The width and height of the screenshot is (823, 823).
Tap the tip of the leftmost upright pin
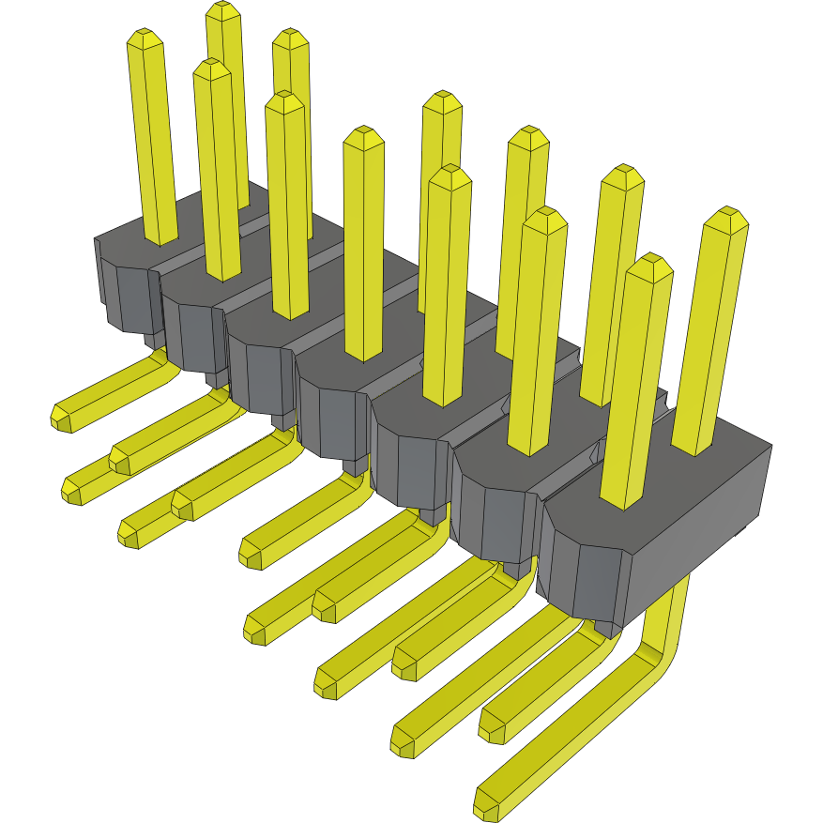145,40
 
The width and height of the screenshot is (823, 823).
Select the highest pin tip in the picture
222,12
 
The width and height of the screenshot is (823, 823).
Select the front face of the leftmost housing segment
127,296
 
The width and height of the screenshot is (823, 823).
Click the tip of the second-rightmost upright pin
649,266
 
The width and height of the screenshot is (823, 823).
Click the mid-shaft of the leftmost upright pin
153,141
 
